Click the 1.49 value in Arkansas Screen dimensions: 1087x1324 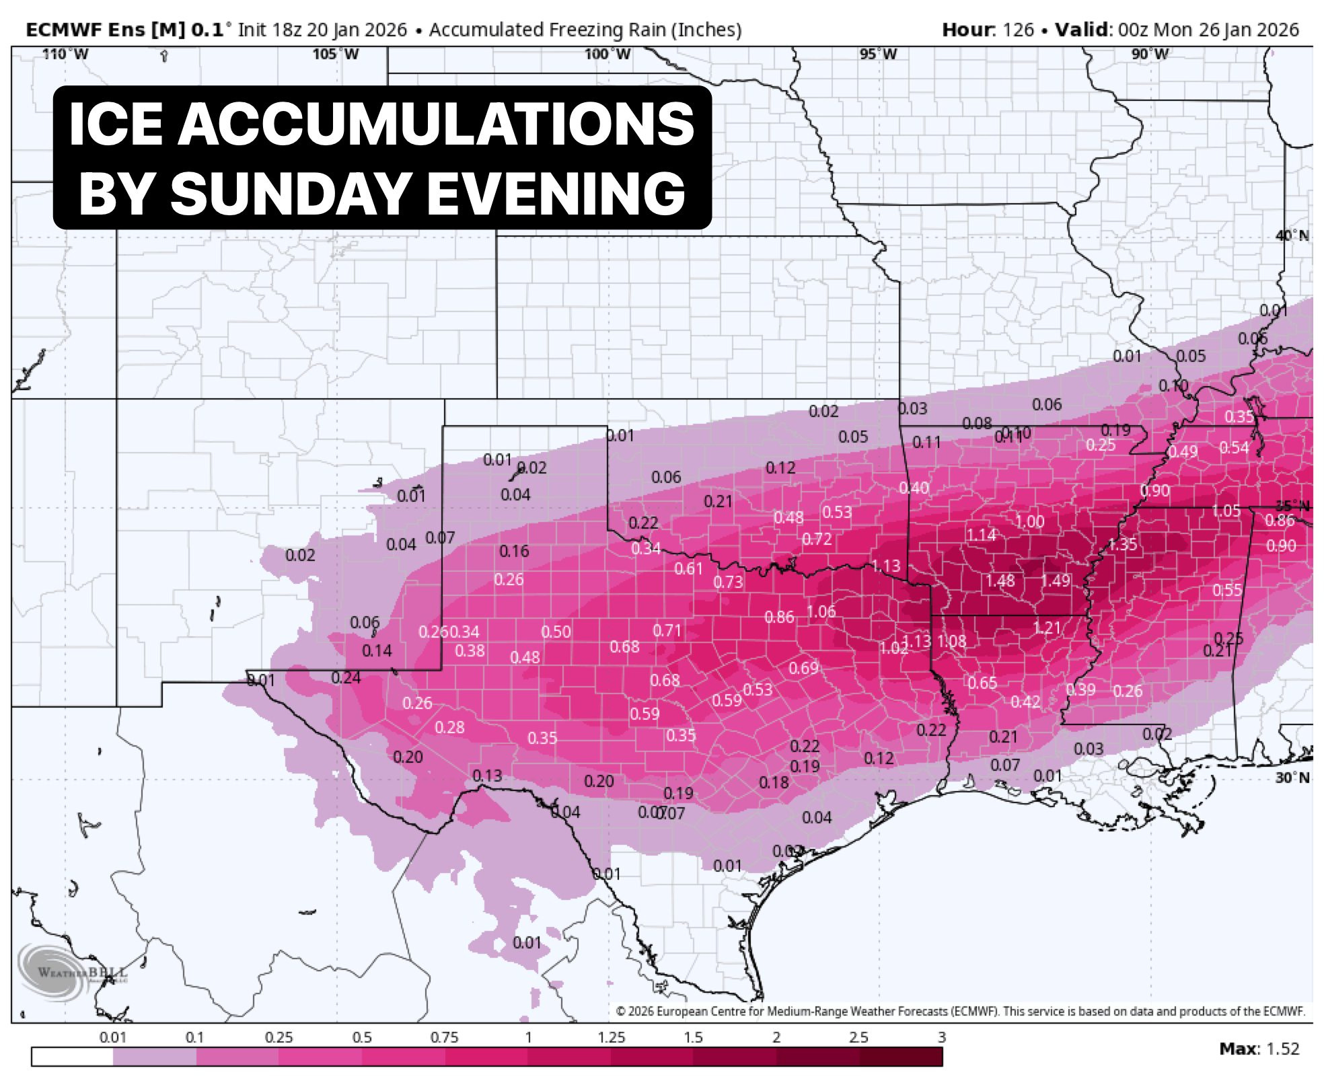(x=1055, y=580)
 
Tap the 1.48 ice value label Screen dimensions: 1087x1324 (x=1000, y=580)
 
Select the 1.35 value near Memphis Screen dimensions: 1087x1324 (x=1122, y=544)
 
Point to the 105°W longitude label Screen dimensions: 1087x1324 (x=336, y=54)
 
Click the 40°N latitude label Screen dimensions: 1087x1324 (x=1292, y=236)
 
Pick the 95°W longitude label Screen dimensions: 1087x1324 (x=878, y=54)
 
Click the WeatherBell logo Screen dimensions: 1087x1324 (x=74, y=972)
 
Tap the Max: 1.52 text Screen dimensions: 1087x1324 (x=1259, y=1049)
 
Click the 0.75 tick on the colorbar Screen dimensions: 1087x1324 (x=444, y=1037)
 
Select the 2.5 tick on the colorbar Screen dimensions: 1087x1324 (x=858, y=1037)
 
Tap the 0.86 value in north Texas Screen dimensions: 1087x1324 (x=779, y=617)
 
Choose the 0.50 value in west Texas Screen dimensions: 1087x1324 (x=556, y=632)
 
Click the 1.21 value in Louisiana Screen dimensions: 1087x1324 (x=1047, y=628)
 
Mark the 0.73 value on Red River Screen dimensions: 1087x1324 (x=728, y=582)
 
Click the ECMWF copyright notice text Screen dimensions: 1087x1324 (x=960, y=1011)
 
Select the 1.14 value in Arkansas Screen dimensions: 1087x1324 (x=981, y=535)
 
